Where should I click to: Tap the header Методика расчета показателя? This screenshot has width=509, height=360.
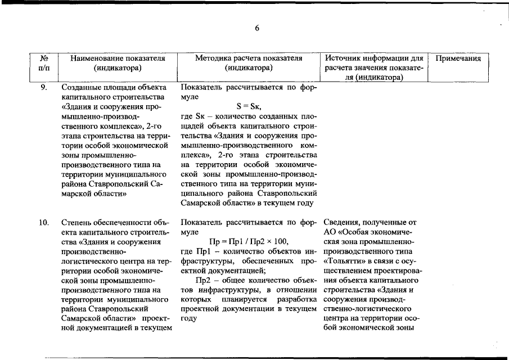click(x=249, y=58)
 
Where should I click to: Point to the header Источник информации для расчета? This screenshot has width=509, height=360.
click(x=374, y=58)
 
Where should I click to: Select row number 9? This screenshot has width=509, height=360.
click(x=42, y=88)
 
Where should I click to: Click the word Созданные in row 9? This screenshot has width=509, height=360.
click(x=80, y=88)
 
